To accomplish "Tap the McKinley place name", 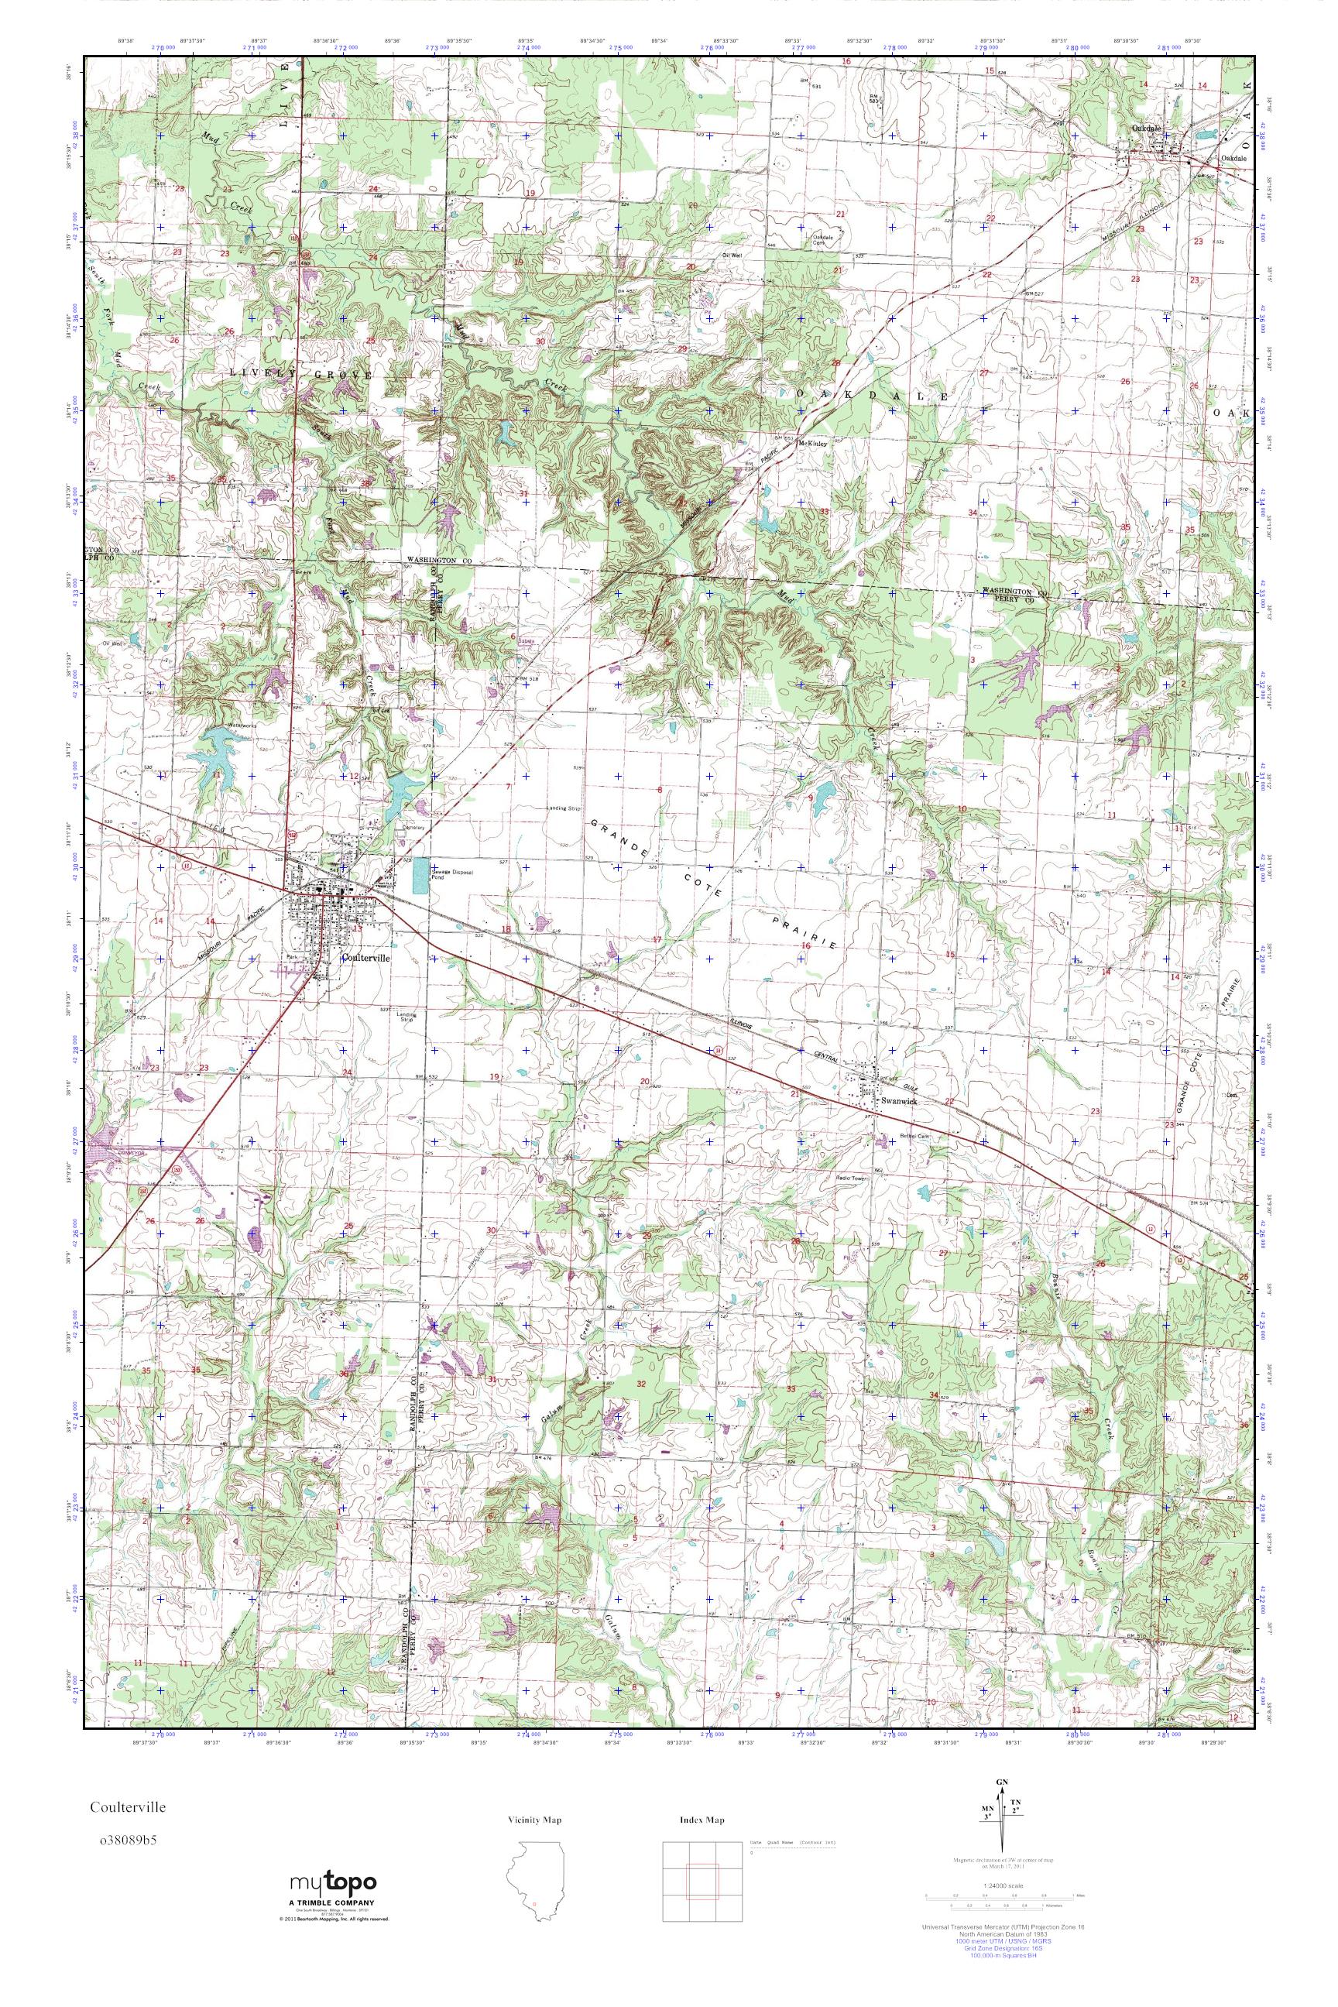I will click(x=812, y=444).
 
